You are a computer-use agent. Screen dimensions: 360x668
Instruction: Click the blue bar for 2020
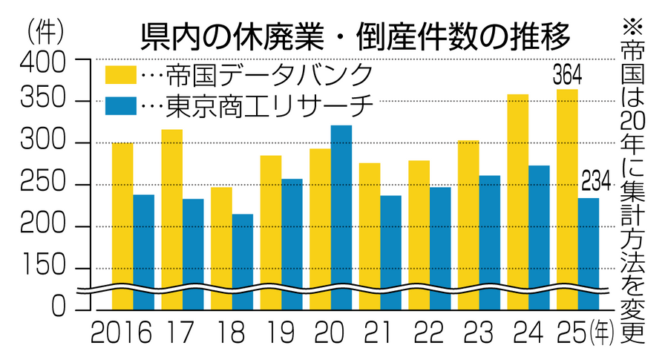(341, 215)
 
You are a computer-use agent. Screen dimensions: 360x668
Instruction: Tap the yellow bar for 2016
(122, 223)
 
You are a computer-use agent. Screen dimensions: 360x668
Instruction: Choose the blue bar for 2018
(243, 260)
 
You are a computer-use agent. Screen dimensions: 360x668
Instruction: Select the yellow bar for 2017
(172, 215)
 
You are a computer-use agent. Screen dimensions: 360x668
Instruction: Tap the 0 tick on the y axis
(63, 310)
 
